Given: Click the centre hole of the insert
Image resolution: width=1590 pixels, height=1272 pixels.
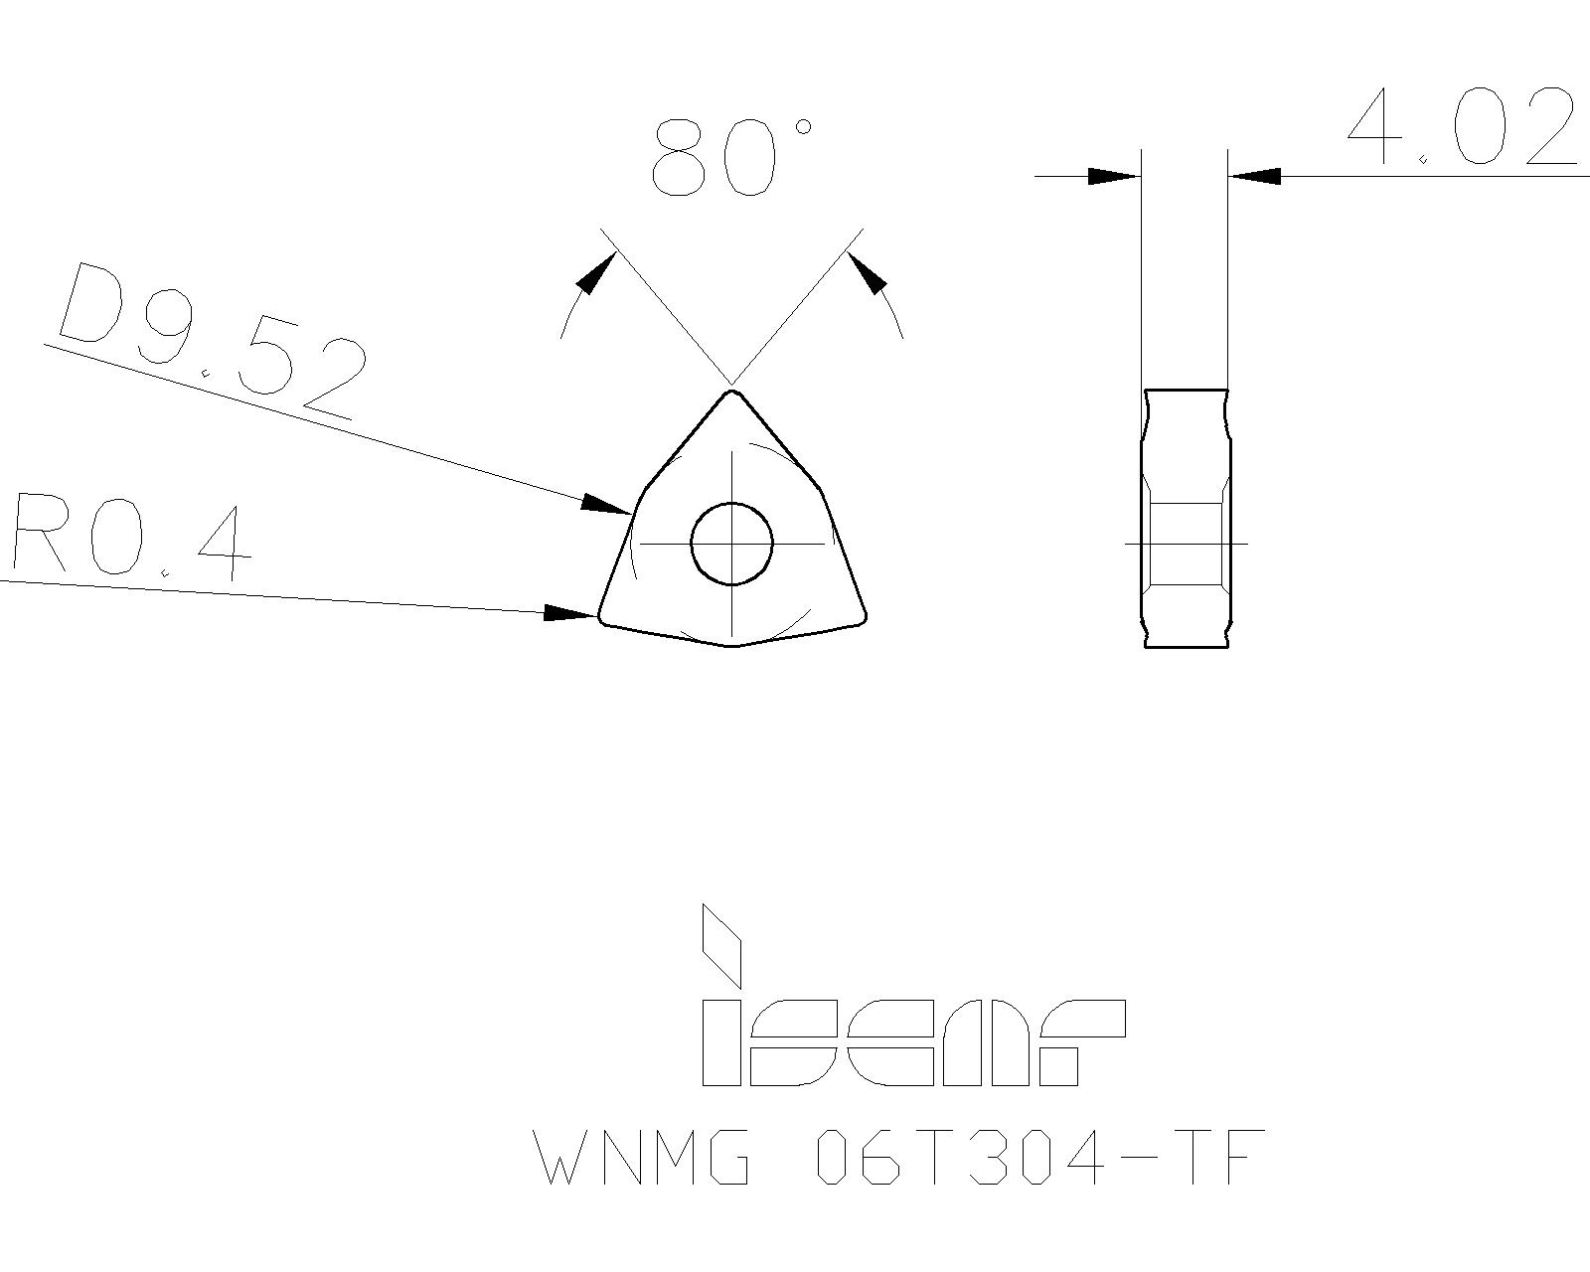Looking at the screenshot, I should [x=731, y=544].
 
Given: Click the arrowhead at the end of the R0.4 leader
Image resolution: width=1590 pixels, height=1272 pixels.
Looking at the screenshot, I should [x=571, y=613].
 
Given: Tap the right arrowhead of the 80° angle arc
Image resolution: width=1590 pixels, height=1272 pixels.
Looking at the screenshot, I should [x=867, y=272].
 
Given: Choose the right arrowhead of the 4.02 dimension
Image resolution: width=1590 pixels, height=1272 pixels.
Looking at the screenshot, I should [x=1254, y=177].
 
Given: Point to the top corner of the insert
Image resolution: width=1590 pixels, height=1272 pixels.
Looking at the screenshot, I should [x=732, y=393].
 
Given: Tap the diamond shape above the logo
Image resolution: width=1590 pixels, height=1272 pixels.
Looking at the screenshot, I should [x=722, y=944].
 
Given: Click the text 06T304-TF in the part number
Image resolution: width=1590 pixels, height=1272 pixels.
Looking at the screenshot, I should [x=1039, y=1157].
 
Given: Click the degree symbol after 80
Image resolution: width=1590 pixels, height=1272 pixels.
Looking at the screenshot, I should [x=803, y=126].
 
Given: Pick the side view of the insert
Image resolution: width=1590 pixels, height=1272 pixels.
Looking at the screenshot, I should [x=1186, y=518].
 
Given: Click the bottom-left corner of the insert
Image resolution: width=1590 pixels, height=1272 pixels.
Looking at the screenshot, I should [x=602, y=617].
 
